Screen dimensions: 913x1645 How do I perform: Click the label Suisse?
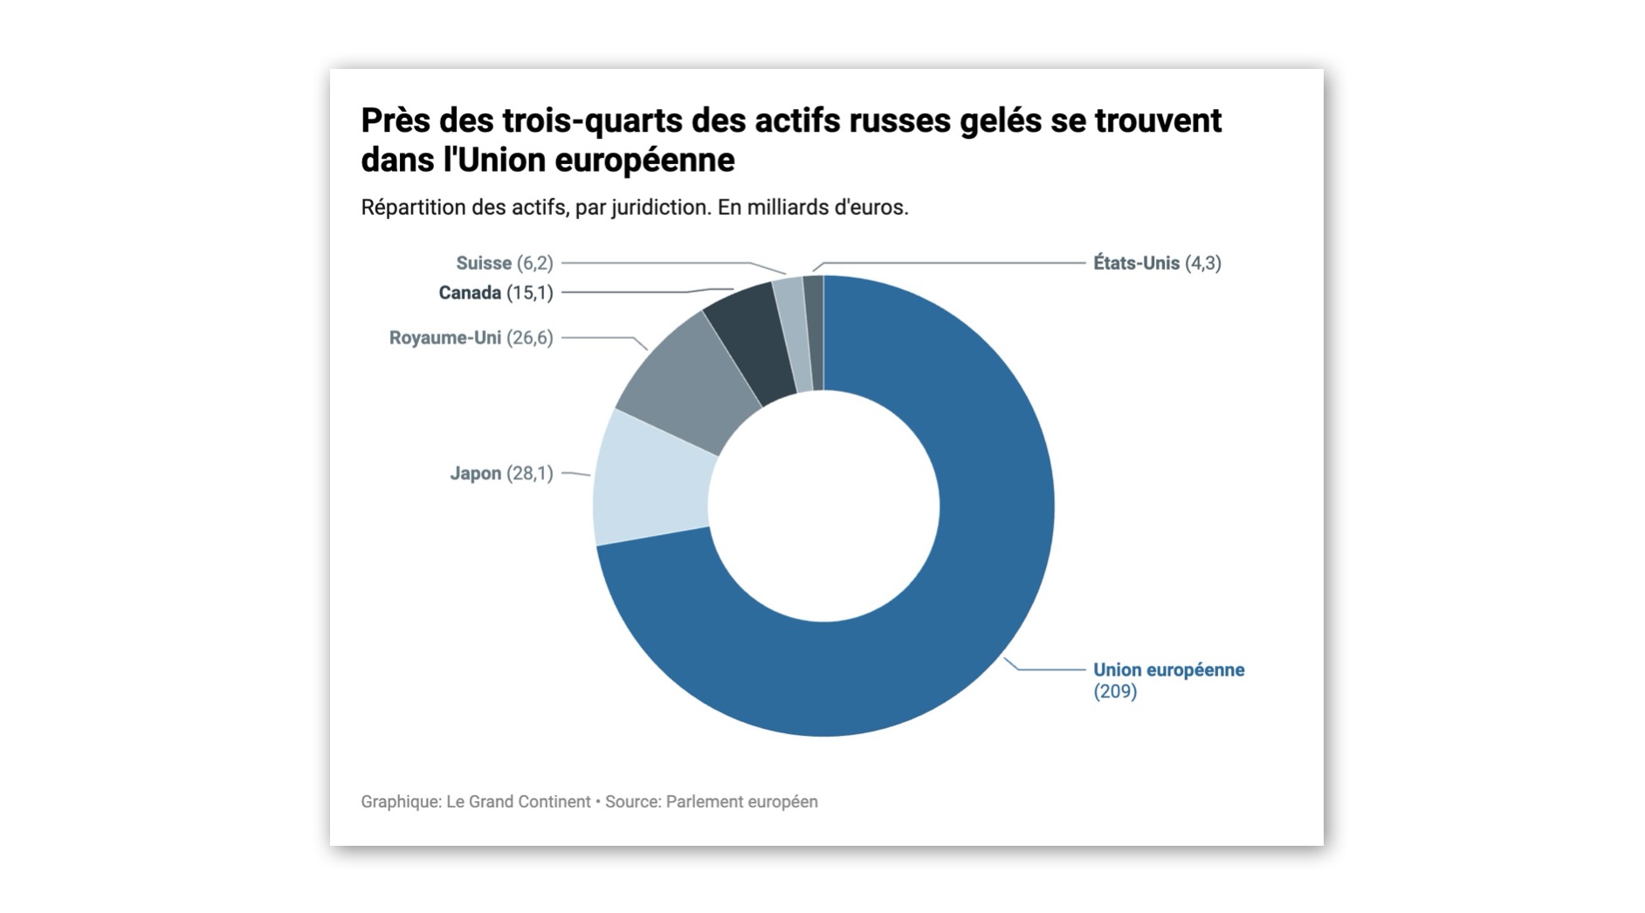click(483, 263)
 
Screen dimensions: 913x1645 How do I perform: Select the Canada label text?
click(470, 292)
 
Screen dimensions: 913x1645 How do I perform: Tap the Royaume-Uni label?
click(444, 338)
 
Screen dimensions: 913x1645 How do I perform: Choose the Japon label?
click(475, 473)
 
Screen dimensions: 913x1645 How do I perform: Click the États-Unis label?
click(1136, 263)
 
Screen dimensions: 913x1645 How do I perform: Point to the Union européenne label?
click(1168, 669)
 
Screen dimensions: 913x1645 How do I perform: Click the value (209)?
click(1115, 691)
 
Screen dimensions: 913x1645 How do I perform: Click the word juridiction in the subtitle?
click(658, 208)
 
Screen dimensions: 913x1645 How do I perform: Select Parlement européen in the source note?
click(741, 801)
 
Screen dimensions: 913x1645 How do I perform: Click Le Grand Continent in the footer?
click(518, 801)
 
